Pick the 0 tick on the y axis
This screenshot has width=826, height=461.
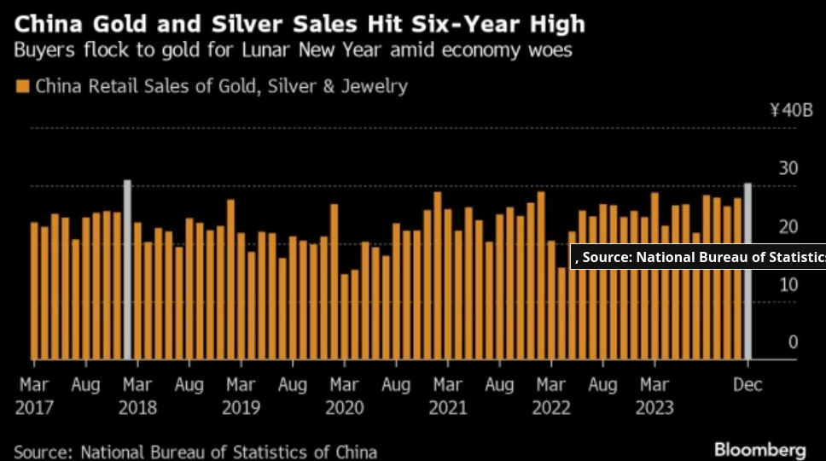click(x=793, y=342)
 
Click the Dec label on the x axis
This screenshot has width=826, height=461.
click(x=747, y=385)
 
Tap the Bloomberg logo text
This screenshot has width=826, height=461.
click(x=759, y=449)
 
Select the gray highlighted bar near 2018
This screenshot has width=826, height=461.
click(x=127, y=270)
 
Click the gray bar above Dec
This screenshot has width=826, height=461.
click(x=747, y=271)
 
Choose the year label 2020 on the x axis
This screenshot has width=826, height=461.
click(x=345, y=407)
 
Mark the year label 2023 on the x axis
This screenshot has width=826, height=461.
click(x=654, y=407)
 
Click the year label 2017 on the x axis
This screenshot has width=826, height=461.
click(x=34, y=407)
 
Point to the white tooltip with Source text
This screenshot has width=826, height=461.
click(x=698, y=256)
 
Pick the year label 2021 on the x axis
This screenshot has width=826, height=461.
click(x=448, y=407)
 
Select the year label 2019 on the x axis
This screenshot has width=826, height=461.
click(x=241, y=407)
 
